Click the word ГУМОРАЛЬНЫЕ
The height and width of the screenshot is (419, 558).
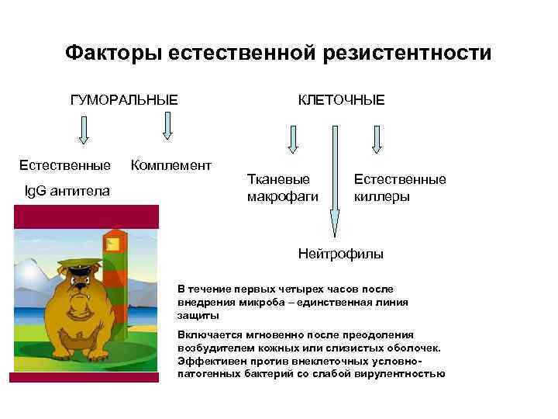tap(124, 100)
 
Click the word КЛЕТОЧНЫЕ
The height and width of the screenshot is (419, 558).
tap(341, 100)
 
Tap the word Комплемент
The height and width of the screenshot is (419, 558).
tap(170, 165)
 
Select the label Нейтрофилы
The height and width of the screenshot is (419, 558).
tap(341, 254)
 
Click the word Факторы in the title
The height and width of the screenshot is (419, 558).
tap(112, 53)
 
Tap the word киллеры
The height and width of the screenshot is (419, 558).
tap(382, 196)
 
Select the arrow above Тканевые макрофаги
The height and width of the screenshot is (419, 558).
tap(293, 140)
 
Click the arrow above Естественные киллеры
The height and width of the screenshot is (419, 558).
tap(377, 140)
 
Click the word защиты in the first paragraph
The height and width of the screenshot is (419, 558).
tap(198, 316)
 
